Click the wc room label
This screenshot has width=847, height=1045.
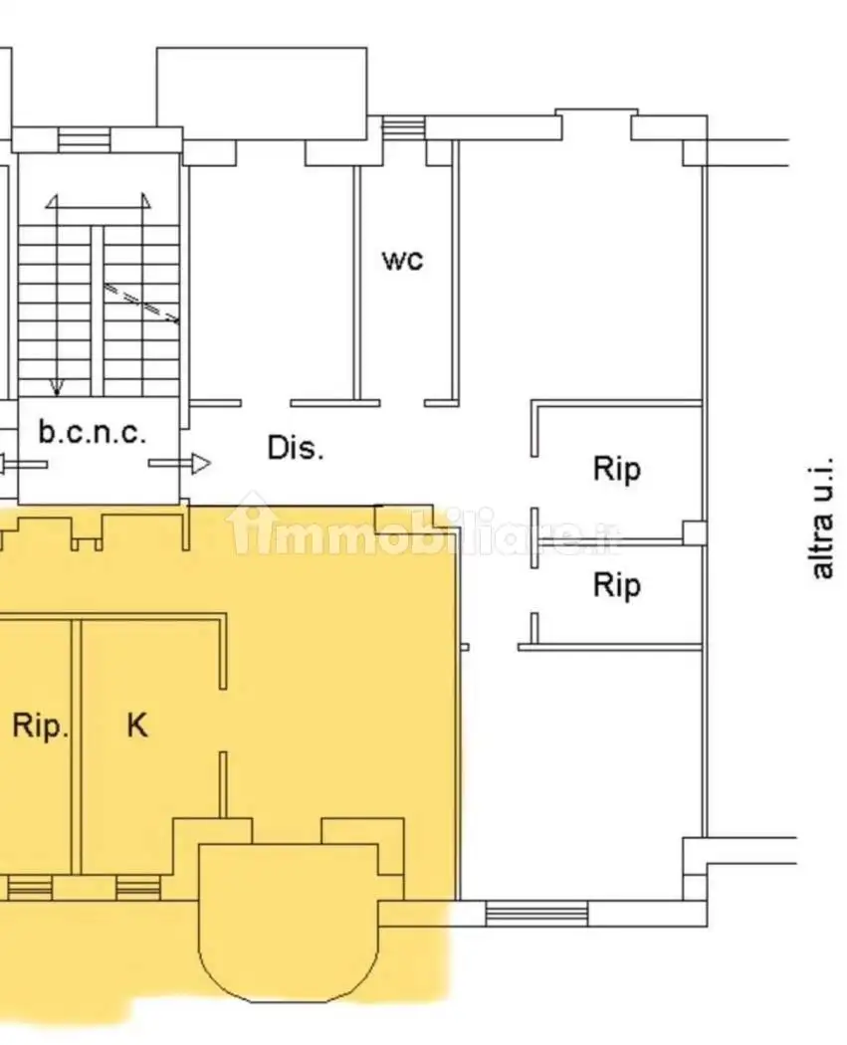(x=402, y=260)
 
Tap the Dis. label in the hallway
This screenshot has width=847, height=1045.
(x=296, y=448)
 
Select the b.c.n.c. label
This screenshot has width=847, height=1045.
(x=92, y=432)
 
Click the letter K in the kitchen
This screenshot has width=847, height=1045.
(x=137, y=725)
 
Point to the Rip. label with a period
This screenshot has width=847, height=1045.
(x=41, y=726)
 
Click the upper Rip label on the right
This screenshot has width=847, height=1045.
(x=617, y=469)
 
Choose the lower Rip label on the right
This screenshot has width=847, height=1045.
(x=617, y=586)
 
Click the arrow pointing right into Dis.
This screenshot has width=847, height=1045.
(x=179, y=463)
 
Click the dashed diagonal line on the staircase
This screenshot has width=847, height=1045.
(x=141, y=304)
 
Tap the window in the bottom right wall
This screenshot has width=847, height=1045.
(x=536, y=913)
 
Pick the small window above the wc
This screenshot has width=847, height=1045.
(x=404, y=126)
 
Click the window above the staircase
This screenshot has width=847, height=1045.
(x=84, y=140)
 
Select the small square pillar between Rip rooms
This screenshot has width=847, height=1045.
(x=695, y=532)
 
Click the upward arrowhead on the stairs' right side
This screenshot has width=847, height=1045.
(x=145, y=201)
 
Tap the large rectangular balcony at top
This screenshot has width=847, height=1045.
(x=262, y=94)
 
